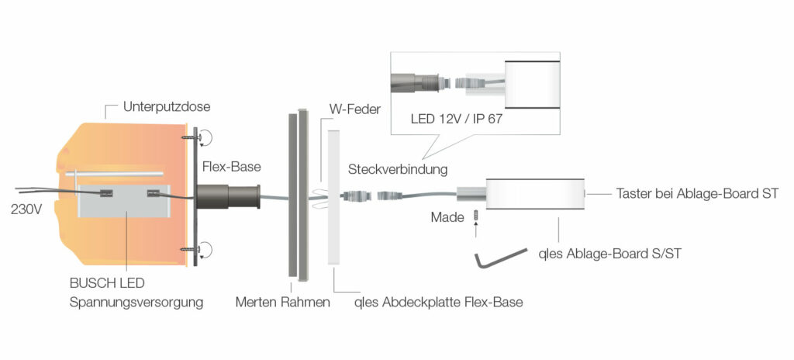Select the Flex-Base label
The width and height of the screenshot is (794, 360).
coord(232,166)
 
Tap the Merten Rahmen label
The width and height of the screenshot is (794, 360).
coord(282,302)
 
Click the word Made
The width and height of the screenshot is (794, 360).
coord(447,217)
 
